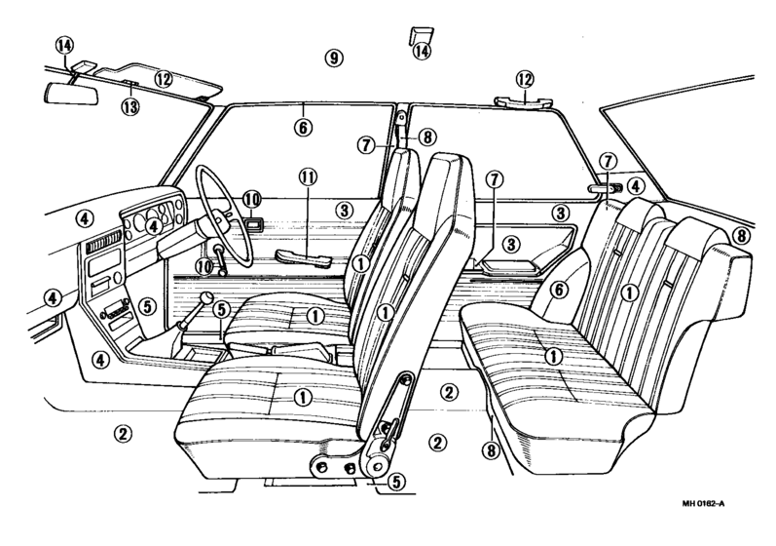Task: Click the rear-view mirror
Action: click(x=71, y=93)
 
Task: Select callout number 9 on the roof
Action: click(x=334, y=58)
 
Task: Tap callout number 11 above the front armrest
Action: click(x=308, y=176)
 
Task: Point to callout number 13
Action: click(x=130, y=106)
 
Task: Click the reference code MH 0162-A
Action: click(x=703, y=504)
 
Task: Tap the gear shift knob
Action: click(x=205, y=298)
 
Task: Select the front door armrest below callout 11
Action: click(x=304, y=258)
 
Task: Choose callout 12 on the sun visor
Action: click(x=164, y=78)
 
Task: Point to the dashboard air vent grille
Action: click(x=104, y=243)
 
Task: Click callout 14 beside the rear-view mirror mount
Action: click(x=64, y=46)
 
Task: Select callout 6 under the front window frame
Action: click(x=303, y=128)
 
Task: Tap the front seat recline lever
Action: click(x=391, y=429)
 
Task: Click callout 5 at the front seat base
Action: click(x=396, y=481)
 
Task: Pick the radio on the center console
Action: click(x=115, y=311)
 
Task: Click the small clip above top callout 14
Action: click(x=422, y=36)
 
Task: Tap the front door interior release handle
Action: click(x=252, y=225)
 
